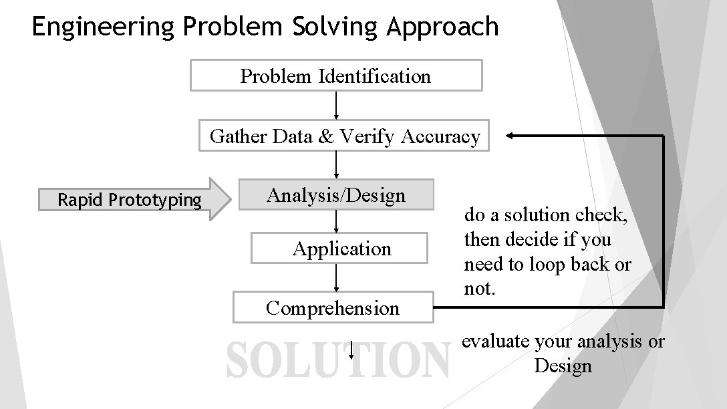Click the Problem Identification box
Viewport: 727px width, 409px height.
335,76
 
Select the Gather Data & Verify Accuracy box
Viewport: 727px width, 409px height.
344,136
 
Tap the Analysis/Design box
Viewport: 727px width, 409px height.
336,195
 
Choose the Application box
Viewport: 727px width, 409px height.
339,249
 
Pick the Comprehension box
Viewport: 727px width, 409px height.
333,307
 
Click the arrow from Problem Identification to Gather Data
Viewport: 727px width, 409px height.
335,105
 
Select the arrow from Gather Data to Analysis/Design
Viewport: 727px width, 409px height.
335,164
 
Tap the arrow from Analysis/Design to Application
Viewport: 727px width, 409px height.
335,221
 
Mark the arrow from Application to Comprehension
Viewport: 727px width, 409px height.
335,277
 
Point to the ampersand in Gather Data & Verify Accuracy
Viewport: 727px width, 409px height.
326,136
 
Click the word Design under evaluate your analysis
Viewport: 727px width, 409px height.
563,366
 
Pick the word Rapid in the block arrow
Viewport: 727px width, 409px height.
80,200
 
